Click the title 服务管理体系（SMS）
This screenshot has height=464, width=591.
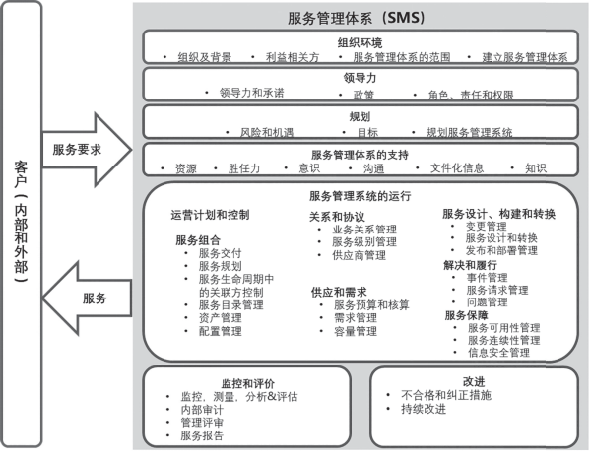click(357, 18)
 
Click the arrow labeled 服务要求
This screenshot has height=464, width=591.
click(87, 150)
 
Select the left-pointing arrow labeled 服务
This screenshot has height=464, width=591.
click(87, 298)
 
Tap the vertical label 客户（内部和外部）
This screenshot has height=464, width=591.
click(21, 222)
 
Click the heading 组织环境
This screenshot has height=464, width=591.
click(360, 42)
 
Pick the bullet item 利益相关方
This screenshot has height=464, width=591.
click(293, 57)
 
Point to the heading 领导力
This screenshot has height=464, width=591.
click(360, 78)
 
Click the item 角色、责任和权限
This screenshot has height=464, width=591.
click(471, 95)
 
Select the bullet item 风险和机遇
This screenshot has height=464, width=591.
click(267, 132)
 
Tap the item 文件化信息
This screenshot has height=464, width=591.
click(457, 168)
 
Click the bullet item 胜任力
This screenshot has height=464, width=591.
click(244, 168)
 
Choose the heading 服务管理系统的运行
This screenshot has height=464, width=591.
click(360, 196)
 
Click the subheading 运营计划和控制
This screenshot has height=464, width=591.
click(210, 215)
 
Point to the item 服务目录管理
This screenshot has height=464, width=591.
click(231, 305)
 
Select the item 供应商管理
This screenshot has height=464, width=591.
click(359, 255)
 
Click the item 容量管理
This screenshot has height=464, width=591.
click(356, 331)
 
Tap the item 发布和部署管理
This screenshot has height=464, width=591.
click(501, 250)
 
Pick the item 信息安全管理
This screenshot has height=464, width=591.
click(498, 352)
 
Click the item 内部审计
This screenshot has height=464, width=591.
click(202, 410)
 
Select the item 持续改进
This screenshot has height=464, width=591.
click(424, 409)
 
